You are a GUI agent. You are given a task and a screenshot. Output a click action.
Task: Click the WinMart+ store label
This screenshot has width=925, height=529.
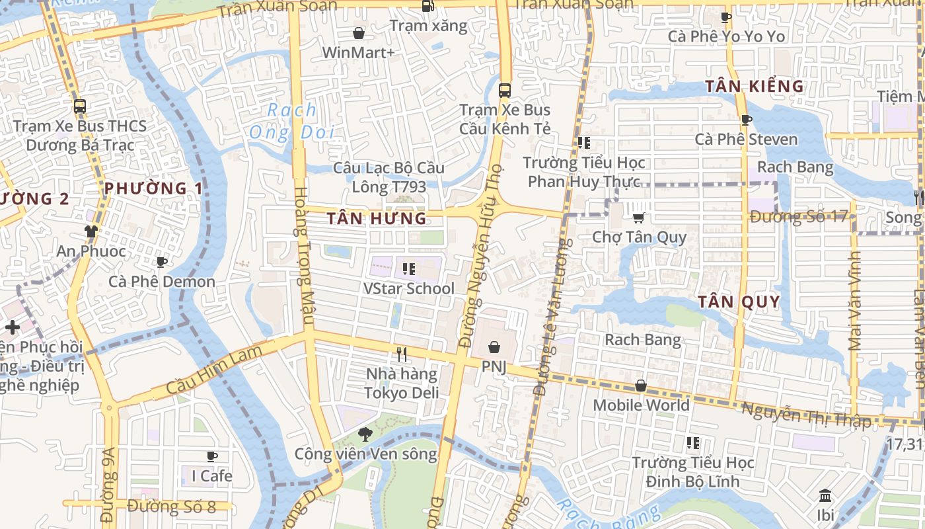358,52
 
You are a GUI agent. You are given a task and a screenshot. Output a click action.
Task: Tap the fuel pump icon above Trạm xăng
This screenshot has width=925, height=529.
428,7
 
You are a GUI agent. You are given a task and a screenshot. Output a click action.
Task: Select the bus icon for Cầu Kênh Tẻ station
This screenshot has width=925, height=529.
505,91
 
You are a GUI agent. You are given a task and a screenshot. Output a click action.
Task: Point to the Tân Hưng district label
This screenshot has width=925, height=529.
377,218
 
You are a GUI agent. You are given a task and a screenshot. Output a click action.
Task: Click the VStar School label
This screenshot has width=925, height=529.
409,288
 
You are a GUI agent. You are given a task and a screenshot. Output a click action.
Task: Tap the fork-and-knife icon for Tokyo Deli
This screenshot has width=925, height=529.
402,354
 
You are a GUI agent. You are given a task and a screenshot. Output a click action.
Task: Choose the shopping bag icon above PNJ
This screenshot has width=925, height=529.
494,347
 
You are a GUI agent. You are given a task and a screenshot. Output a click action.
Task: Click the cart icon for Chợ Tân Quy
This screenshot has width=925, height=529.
638,218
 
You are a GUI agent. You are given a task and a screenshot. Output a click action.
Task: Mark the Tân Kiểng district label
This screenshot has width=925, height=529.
754,86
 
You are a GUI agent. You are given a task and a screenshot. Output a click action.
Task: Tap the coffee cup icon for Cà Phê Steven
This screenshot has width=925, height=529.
746,120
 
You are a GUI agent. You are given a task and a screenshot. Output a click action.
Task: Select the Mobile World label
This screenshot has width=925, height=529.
641,405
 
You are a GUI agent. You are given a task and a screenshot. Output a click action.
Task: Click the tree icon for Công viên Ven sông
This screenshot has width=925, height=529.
364,434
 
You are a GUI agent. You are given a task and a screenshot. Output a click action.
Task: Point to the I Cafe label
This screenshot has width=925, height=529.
211,475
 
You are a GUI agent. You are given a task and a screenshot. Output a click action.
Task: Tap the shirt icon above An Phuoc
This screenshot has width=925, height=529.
91,231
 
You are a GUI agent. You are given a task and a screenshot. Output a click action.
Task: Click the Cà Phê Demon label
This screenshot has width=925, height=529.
162,281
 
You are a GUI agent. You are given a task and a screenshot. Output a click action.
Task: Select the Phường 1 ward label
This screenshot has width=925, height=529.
153,188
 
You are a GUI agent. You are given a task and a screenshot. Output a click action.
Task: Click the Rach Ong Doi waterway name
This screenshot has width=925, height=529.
292,122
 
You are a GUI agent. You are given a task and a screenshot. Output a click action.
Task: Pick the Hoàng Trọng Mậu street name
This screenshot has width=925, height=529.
302,257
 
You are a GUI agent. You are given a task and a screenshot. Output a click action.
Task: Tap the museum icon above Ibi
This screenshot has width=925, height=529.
825,496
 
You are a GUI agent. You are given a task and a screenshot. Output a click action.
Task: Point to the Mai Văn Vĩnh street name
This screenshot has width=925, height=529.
856,301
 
